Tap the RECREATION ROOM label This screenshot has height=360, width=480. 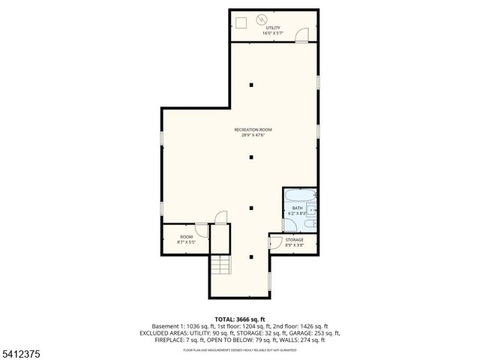pos(252,130)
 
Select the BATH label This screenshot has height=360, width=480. pos(297,208)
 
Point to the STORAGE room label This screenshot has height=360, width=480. pos(294,240)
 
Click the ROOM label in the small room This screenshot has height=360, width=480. pos(185,237)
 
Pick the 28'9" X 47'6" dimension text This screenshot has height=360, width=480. pos(252,136)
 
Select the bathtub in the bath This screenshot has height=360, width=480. pos(300,196)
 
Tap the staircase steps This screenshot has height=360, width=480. pos(219,265)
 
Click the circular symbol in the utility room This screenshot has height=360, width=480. pos(261,20)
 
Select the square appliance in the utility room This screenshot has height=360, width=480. pos(241,21)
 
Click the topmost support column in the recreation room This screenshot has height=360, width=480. pos(252,84)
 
